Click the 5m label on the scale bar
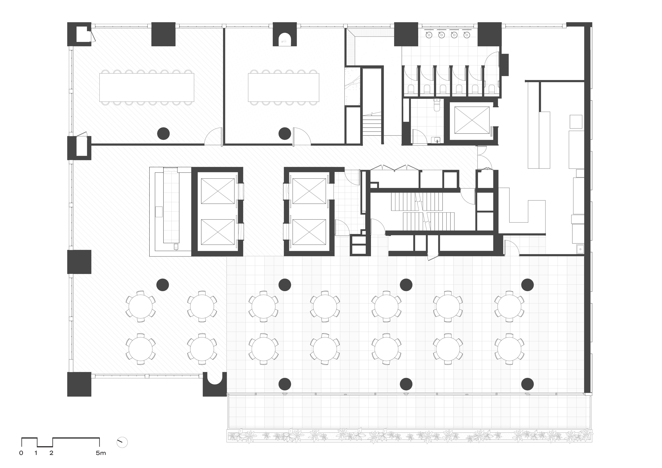tap(101, 453)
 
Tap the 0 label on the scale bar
tap(21, 453)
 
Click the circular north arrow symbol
tap(122, 442)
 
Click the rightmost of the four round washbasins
tap(467, 35)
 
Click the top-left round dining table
tap(140, 306)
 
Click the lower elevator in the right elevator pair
tap(309, 232)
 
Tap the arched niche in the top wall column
tap(285, 39)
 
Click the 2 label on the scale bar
tap(51, 453)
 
